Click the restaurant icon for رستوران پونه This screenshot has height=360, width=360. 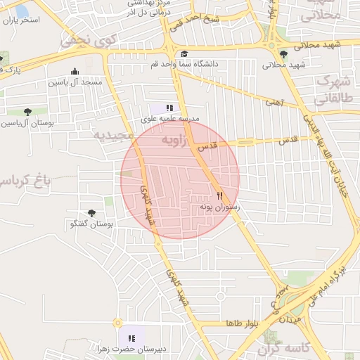coord(220,197)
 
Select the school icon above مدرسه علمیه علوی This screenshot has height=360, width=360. coord(169,108)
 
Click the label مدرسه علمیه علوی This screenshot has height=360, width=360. coord(170,119)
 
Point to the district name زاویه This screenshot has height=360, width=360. coord(175,140)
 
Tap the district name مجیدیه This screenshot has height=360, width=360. coord(113,134)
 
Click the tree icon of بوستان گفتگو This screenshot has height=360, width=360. coord(91,213)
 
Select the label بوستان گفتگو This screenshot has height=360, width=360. coord(92,224)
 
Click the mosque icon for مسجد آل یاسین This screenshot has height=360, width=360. coord(75,71)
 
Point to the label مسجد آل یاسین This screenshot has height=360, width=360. coord(75,82)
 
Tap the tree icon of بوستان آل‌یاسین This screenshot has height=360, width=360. coord(27,112)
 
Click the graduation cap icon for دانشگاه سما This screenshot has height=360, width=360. coord(184,54)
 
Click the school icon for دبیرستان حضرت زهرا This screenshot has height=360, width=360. coord(131,338)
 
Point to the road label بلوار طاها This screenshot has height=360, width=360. coord(243,323)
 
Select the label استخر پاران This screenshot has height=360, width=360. coord(21,20)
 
